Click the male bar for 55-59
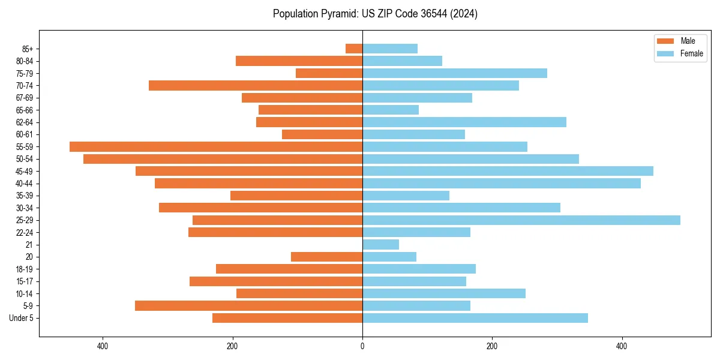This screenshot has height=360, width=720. [x=216, y=146]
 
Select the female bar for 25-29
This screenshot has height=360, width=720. [x=521, y=220]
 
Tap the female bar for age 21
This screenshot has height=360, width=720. [x=380, y=245]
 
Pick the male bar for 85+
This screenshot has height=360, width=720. [x=354, y=49]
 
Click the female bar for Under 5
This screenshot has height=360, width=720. [x=475, y=318]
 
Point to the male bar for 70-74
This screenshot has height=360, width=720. [x=256, y=85]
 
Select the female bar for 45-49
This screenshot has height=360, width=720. [x=508, y=171]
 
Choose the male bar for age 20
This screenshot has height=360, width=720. [x=326, y=257]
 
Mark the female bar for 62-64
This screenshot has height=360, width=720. [x=464, y=122]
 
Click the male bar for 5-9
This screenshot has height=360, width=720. [x=248, y=305]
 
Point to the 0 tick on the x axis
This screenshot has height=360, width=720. [x=362, y=347]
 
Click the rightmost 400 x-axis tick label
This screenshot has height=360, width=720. [x=622, y=347]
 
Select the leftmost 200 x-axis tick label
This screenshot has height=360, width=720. [x=232, y=347]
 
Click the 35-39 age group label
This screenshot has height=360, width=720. [x=24, y=196]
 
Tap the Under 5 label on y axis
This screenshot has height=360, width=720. [x=21, y=318]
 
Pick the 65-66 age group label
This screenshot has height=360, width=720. [x=24, y=110]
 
